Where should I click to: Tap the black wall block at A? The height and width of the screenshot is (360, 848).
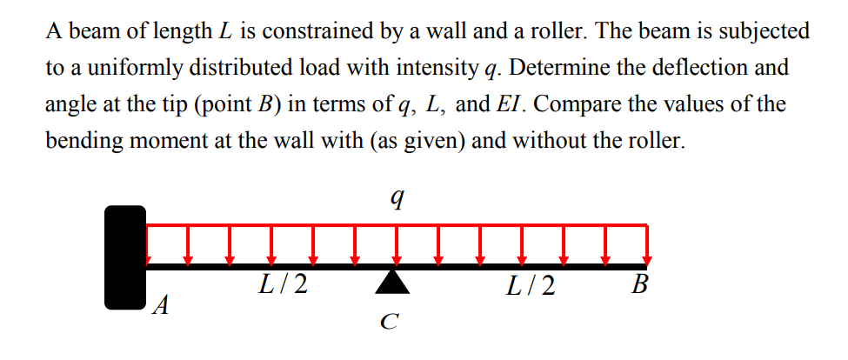124,257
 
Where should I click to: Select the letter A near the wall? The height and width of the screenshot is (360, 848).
159,305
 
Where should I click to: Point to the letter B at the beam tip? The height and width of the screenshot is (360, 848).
641,285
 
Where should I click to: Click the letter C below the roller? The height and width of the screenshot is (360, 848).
391,323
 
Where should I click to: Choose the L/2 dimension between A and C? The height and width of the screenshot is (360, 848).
284,285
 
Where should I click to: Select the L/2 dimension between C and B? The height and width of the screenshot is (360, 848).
531,285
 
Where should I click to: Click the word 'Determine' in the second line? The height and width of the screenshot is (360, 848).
565,68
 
